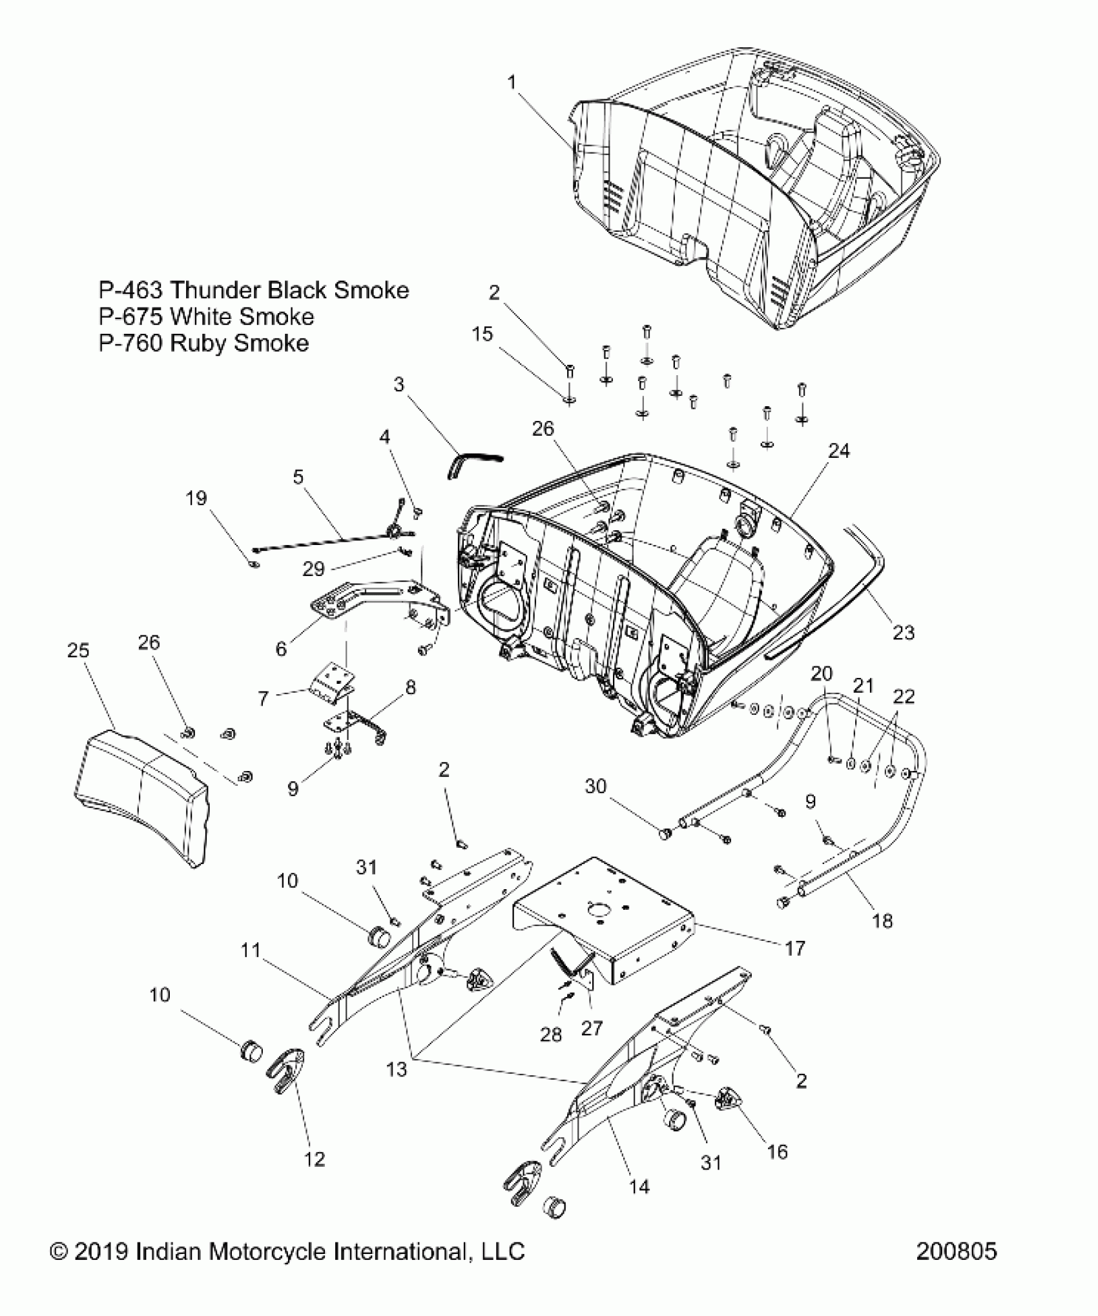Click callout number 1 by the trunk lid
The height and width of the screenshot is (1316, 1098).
point(512,82)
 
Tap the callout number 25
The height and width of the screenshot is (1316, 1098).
point(78,650)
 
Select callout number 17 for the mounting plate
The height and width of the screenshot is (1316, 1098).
point(795,948)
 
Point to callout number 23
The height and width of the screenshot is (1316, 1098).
point(904,632)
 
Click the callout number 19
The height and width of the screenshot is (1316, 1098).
point(196,498)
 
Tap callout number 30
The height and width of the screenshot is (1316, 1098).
point(596,786)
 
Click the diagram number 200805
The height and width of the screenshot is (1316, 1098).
point(957,1269)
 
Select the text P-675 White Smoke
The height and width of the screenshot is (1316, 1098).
point(206,317)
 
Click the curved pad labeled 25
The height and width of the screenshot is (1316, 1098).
point(142,794)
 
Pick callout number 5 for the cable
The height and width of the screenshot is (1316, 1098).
point(298,477)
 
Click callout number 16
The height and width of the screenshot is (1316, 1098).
point(778,1151)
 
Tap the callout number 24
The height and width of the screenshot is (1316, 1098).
point(839,451)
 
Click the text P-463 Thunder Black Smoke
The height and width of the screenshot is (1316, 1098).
point(253,290)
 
